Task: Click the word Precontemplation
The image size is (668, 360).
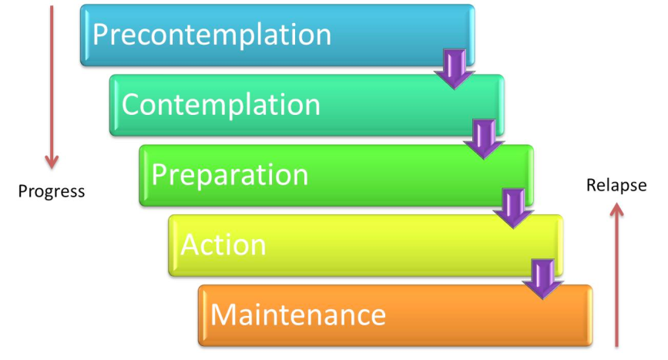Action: [212, 35]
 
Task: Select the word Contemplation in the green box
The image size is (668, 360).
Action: [220, 105]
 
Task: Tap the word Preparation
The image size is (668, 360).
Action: [230, 175]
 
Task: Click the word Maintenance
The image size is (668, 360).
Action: [298, 315]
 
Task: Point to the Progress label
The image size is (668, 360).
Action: [52, 191]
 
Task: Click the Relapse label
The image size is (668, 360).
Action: [616, 185]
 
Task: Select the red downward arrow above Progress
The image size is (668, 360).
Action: [52, 85]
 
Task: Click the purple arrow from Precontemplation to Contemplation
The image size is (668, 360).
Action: [454, 69]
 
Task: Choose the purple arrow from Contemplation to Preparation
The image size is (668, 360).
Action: [484, 139]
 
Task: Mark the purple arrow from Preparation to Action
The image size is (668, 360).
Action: [513, 208]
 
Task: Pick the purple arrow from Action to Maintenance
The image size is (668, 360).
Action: [542, 278]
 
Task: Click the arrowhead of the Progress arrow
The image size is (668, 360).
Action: [52, 161]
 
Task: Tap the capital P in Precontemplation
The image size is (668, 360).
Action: [100, 35]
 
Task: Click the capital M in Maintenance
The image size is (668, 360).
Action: [224, 315]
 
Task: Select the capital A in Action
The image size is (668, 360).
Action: [190, 245]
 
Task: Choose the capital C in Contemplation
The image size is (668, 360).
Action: [132, 105]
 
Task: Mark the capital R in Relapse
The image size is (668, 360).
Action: [591, 185]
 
